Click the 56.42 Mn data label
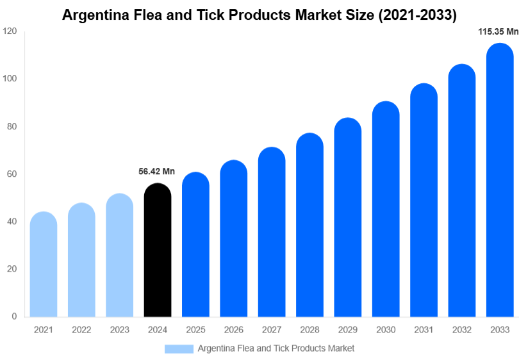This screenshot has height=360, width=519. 156,172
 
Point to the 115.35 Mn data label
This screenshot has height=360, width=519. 498,31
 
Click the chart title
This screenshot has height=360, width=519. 259,15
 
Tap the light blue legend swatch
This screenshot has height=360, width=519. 179,348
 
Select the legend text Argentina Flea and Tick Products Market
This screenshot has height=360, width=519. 276,348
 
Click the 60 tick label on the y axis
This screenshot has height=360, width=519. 12,174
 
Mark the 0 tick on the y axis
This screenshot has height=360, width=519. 14,316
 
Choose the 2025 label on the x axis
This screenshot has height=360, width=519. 195,330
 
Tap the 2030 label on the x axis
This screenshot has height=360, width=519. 386,330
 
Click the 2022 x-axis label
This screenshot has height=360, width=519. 81,330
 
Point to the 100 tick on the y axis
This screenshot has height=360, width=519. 9,79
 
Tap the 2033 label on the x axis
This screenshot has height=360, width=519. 500,330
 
